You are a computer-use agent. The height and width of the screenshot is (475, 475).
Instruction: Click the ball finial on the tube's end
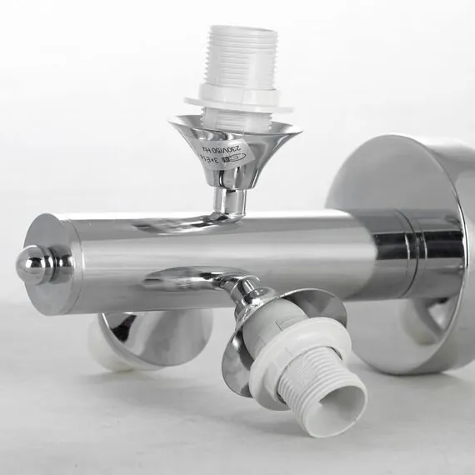[33, 265]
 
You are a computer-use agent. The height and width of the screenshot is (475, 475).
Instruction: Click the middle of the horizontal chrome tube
[250, 250]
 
